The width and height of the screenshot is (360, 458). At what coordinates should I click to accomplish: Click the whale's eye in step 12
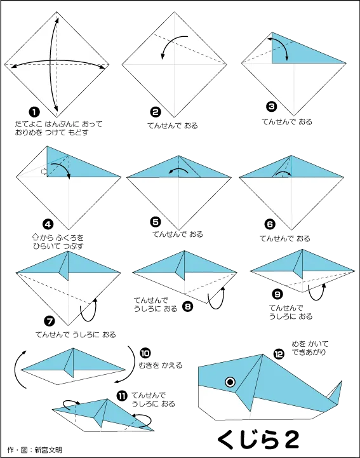click(230, 382)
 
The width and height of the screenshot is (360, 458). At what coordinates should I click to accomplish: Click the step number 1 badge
click(34, 112)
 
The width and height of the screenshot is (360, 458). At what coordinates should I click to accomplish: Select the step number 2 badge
click(156, 112)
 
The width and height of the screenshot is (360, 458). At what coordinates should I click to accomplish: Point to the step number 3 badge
click(272, 106)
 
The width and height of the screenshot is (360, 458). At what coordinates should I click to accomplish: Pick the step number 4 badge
click(48, 224)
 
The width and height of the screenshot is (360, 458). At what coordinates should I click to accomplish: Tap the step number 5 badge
click(156, 222)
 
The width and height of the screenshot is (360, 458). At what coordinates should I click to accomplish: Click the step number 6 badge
click(270, 224)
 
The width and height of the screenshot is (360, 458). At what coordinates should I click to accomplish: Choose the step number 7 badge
click(50, 321)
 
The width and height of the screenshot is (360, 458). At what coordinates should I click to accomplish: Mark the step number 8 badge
click(187, 306)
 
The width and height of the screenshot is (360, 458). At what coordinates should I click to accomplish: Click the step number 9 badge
click(277, 294)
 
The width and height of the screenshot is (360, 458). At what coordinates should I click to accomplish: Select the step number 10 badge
click(145, 353)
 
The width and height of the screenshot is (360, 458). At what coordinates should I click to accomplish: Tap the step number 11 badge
click(122, 396)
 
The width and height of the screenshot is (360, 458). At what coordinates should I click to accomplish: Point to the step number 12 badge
click(279, 354)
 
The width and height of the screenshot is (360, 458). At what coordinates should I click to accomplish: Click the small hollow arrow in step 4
click(44, 172)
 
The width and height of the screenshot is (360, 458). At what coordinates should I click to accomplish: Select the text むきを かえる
click(160, 365)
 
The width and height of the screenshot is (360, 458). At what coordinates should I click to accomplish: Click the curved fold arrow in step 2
click(171, 43)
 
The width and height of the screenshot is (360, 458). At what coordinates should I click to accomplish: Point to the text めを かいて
click(310, 344)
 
